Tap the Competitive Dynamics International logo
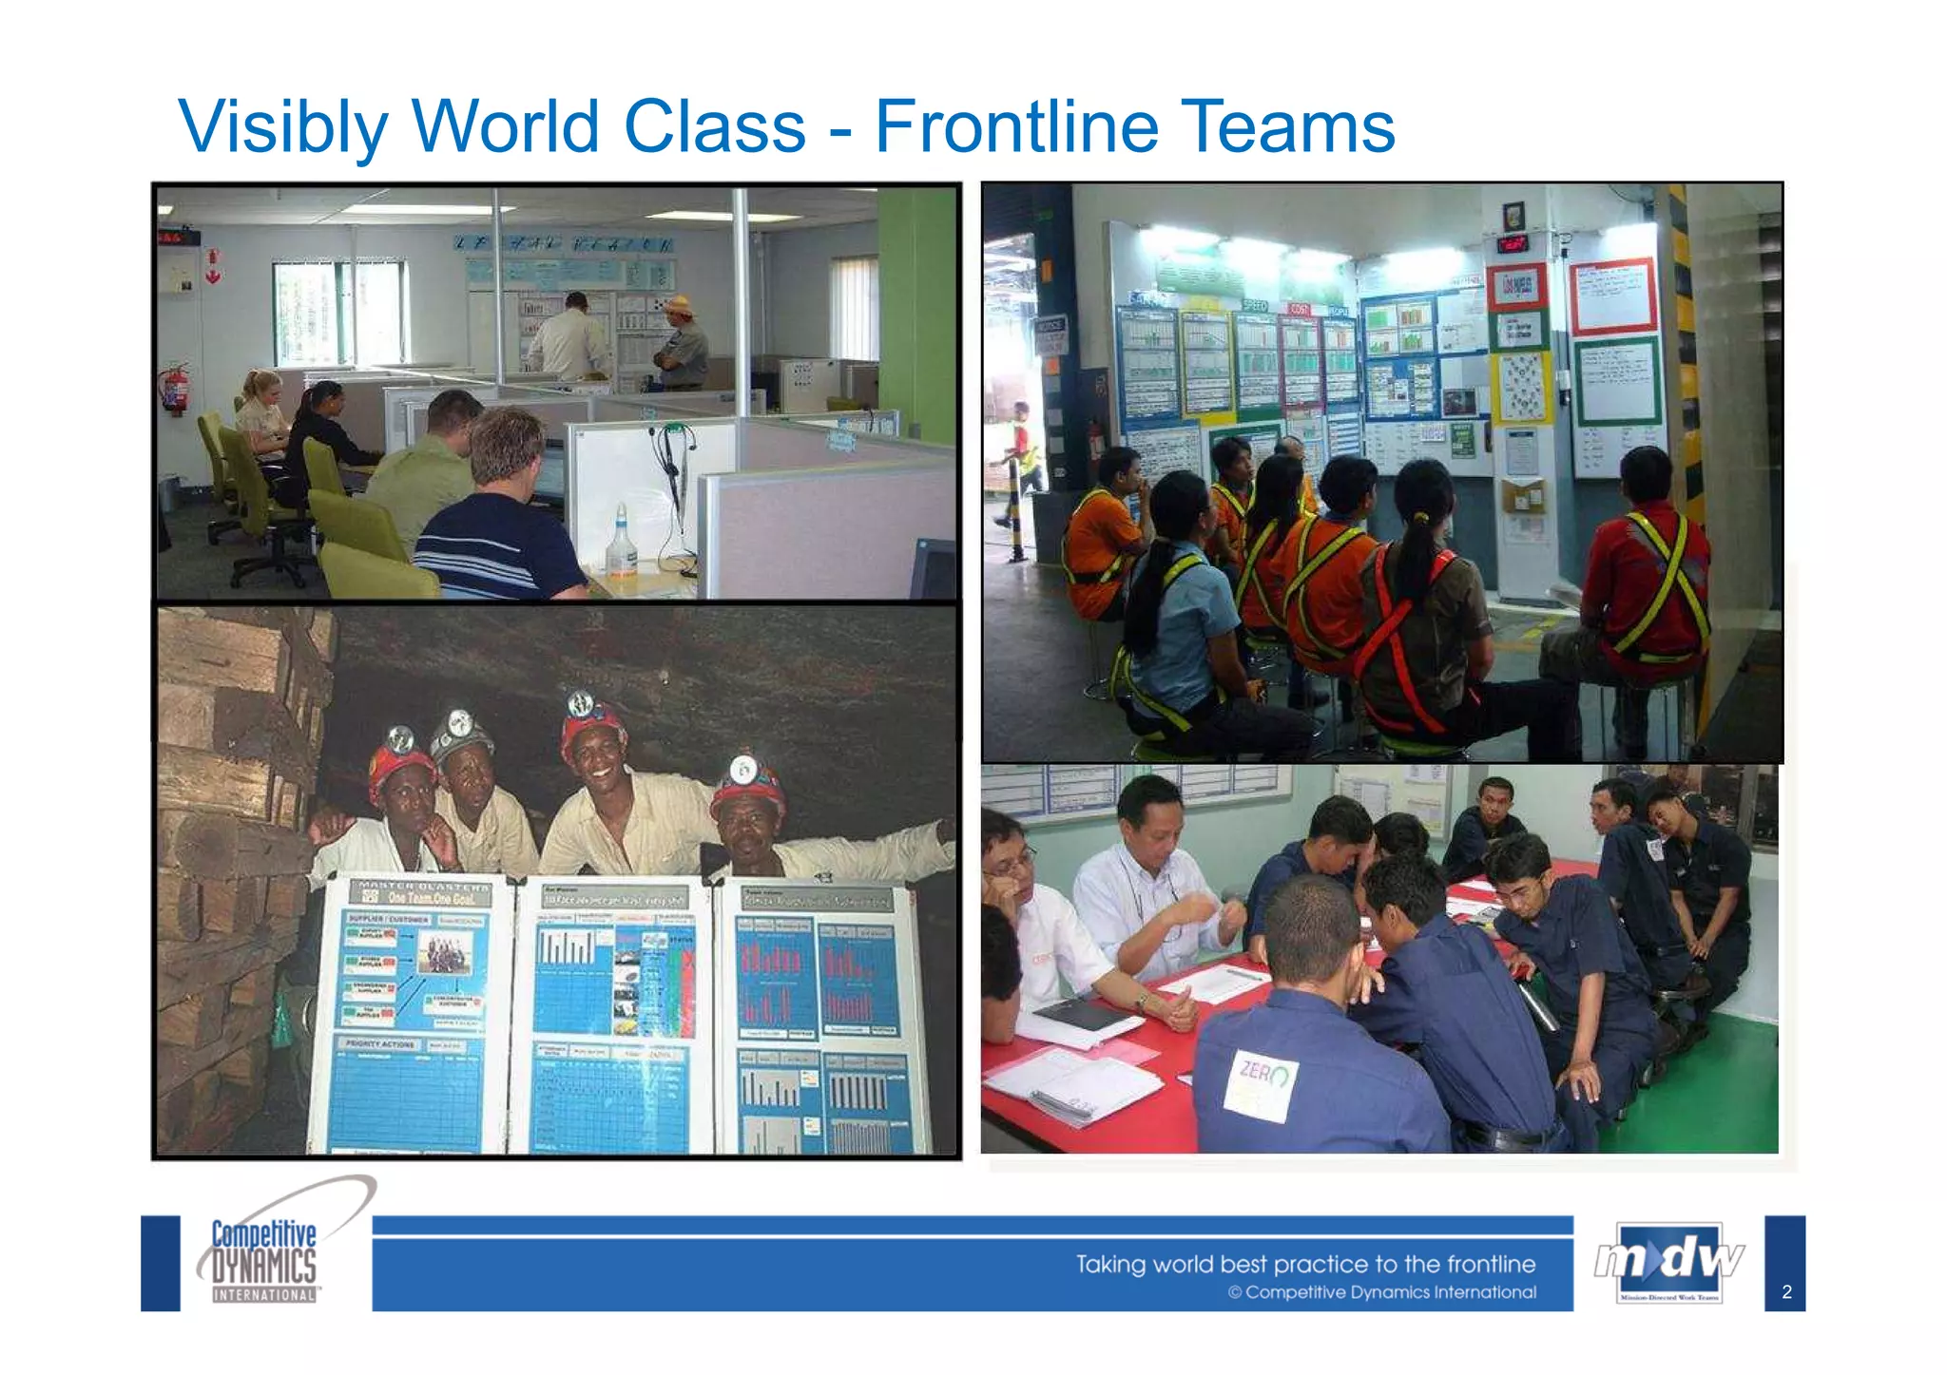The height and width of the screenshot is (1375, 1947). pos(264,1260)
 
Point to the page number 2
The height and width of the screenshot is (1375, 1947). pos(1786,1292)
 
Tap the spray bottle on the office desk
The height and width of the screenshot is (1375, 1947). pos(621,541)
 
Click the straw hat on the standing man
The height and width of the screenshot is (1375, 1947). pos(678,305)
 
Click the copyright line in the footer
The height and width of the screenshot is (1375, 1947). pos(1381,1292)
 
